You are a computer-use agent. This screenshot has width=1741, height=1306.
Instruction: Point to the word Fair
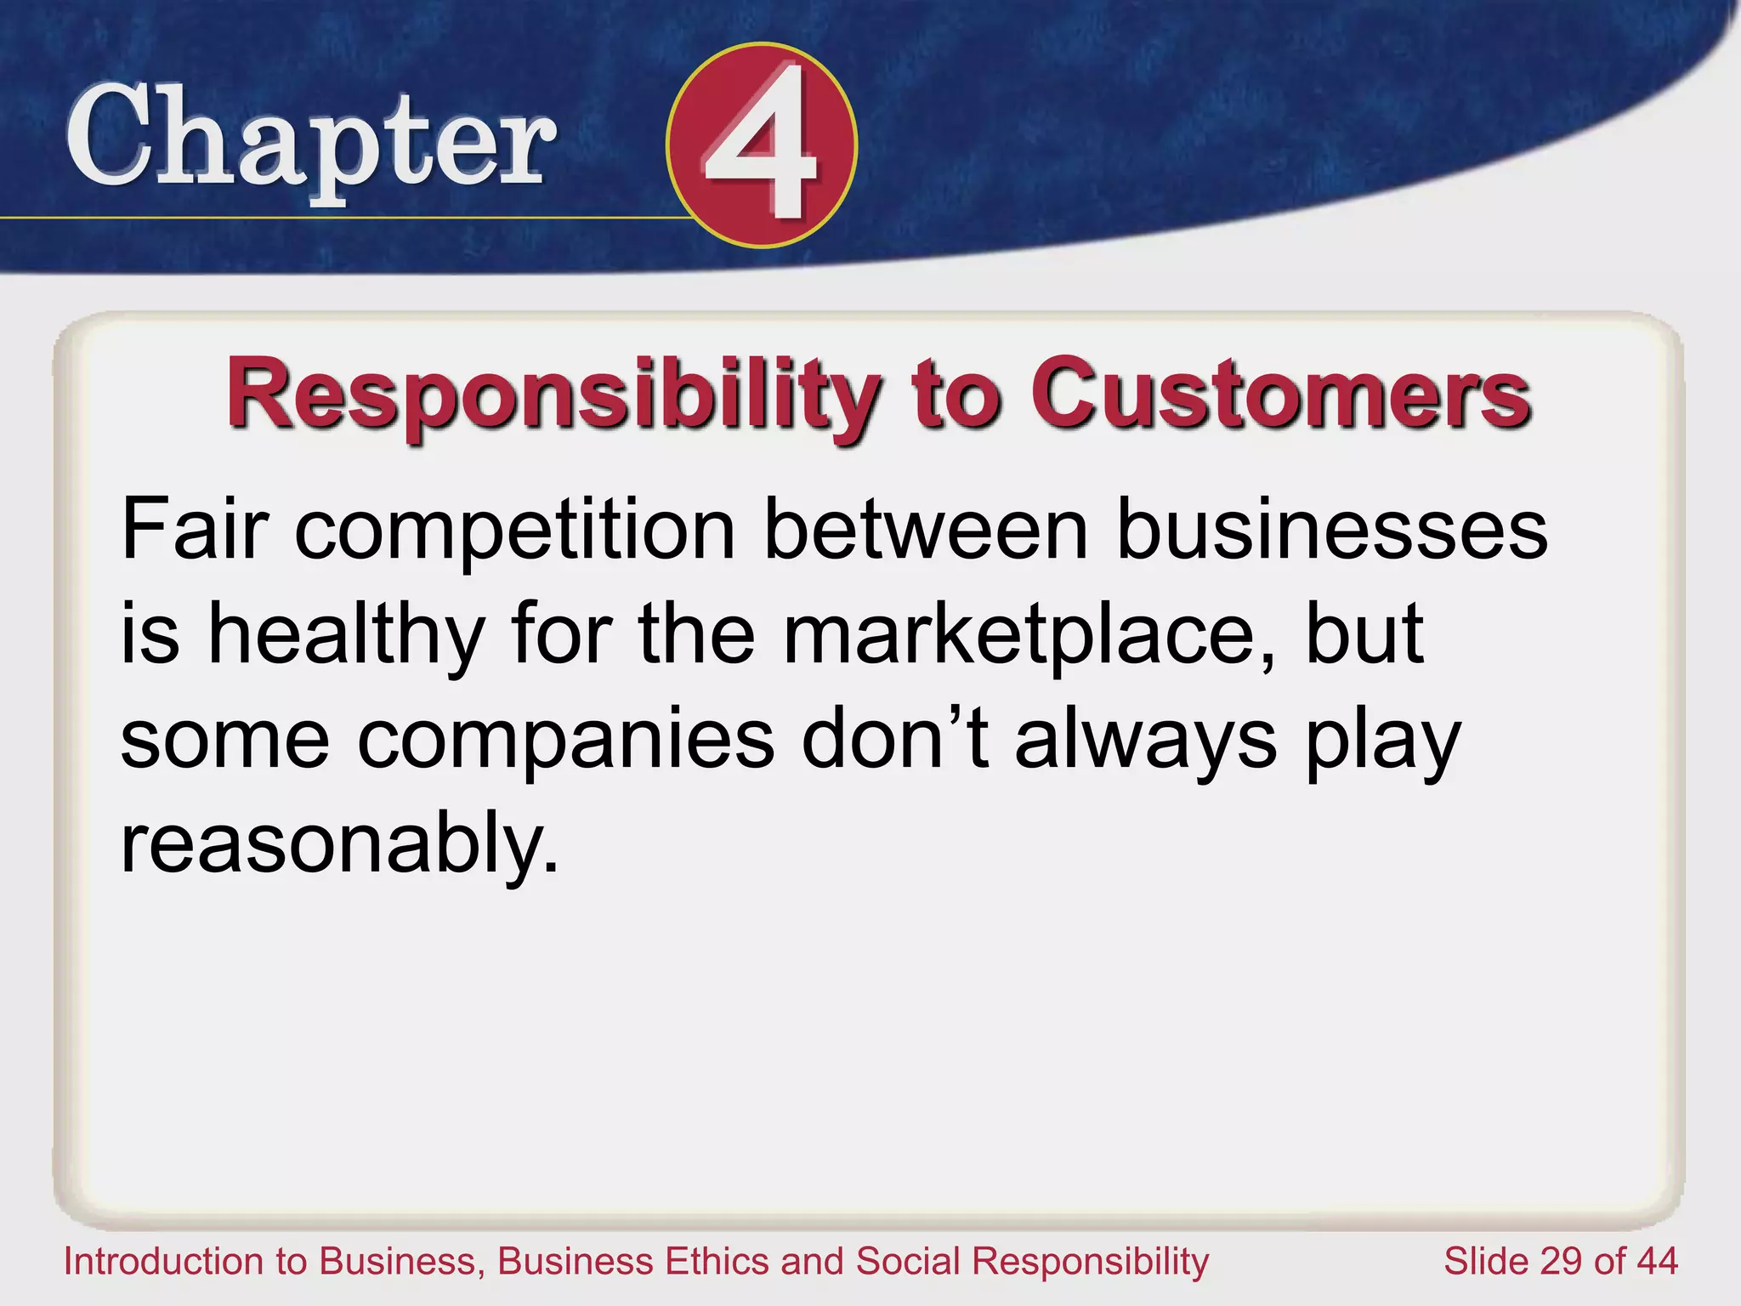point(196,529)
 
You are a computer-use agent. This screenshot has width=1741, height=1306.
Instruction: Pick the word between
point(927,529)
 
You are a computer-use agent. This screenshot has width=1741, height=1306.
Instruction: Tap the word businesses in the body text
point(1331,529)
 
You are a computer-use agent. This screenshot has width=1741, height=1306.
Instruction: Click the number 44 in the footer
point(1656,1262)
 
